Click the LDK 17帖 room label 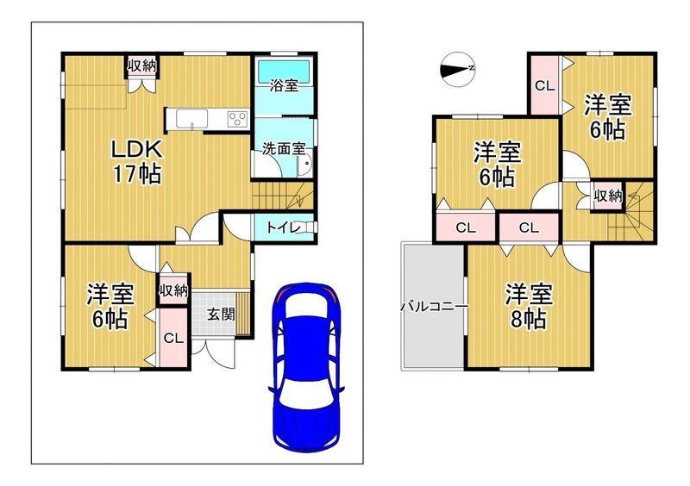tap(136, 161)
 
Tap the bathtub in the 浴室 tap(285, 70)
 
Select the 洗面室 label tap(284, 149)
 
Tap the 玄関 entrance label tap(221, 314)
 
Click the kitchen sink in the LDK tap(191, 119)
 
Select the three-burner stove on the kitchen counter tap(237, 119)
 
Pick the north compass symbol tap(458, 70)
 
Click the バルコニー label tap(434, 306)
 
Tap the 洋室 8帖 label tap(528, 307)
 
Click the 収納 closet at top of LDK tap(141, 66)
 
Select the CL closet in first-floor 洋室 tap(173, 338)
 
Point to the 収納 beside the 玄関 tap(173, 290)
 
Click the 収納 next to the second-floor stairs tap(608, 196)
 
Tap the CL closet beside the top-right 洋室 tap(545, 85)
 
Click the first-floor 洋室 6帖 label tap(110, 307)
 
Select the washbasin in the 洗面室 tap(304, 165)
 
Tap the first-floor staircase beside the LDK tap(283, 196)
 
